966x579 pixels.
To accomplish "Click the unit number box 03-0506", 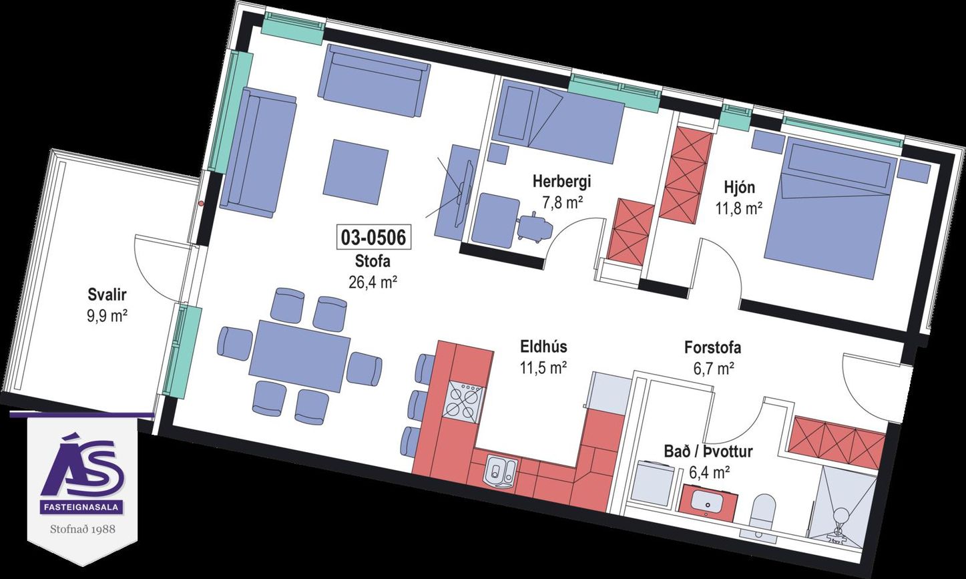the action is (373, 237).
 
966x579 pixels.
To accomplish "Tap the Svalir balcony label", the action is (107, 295).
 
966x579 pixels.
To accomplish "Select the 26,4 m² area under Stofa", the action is (373, 282).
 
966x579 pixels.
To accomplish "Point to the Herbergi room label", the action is (562, 182).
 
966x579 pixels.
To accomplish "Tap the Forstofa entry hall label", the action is (713, 348).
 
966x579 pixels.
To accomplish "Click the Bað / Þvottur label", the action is (708, 451).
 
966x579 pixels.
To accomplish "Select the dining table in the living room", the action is (299, 357).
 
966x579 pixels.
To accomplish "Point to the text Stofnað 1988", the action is (83, 528).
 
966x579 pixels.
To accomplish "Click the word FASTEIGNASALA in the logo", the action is (82, 508).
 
